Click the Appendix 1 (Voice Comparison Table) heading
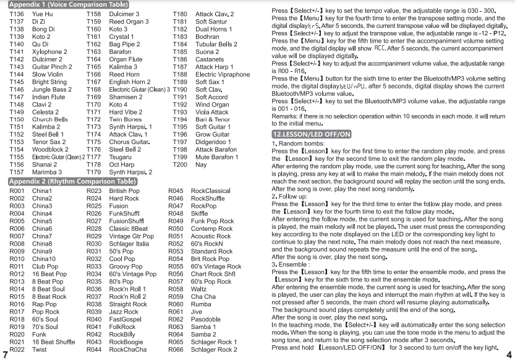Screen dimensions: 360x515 pyautogui.click(x=67, y=4)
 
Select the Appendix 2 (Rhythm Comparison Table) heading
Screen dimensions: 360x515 pyautogui.click(x=72, y=182)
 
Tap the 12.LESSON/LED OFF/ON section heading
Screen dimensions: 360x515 pyautogui.click(x=312, y=134)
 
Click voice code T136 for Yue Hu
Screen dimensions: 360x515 pyautogui.click(x=17, y=14)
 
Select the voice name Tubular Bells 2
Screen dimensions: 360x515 pyautogui.click(x=216, y=45)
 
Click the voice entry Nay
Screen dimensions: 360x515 pyautogui.click(x=201, y=165)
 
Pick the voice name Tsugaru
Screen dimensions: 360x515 pyautogui.click(x=121, y=157)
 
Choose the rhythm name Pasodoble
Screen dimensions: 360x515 pyautogui.click(x=205, y=320)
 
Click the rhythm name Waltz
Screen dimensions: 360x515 pyautogui.click(x=198, y=289)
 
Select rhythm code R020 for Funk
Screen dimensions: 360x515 pyautogui.click(x=17, y=335)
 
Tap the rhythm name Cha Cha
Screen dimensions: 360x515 pyautogui.click(x=203, y=297)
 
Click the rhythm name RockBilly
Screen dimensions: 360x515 pyautogui.click(x=122, y=335)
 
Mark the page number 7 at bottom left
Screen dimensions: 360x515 pyautogui.click(x=5, y=354)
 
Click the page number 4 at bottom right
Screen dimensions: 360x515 pyautogui.click(x=508, y=354)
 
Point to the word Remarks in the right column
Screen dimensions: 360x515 pyautogui.click(x=284, y=117)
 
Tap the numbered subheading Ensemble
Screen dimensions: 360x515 pyautogui.click(x=292, y=264)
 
